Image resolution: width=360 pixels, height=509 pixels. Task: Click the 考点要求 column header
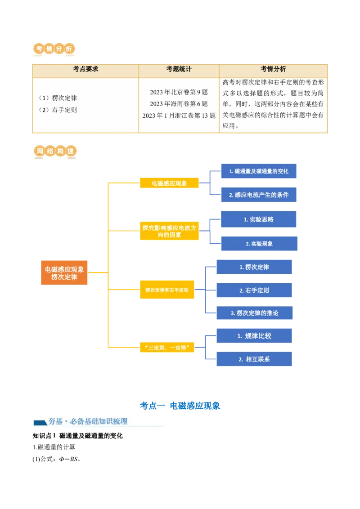pyautogui.click(x=85, y=69)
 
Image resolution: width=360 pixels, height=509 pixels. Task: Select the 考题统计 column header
pyautogui.click(x=179, y=69)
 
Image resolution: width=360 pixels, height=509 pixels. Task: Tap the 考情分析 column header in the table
pyautogui.click(x=273, y=69)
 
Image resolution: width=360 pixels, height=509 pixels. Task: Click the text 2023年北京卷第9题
pyautogui.click(x=179, y=92)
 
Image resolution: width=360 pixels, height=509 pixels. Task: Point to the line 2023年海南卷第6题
pyautogui.click(x=179, y=104)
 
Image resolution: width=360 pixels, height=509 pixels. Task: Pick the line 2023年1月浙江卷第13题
pyautogui.click(x=179, y=116)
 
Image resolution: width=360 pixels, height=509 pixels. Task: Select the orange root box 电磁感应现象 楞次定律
pyautogui.click(x=64, y=273)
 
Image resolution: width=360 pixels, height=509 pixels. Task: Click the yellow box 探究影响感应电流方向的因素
pyautogui.click(x=169, y=231)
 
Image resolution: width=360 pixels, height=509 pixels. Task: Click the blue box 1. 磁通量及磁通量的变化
pyautogui.click(x=259, y=171)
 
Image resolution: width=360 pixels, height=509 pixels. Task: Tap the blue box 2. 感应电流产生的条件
pyautogui.click(x=259, y=195)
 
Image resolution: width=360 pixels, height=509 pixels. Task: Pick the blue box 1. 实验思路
pyautogui.click(x=259, y=219)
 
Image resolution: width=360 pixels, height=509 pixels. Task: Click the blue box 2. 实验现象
pyautogui.click(x=259, y=243)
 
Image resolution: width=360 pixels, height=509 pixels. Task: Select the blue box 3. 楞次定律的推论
pyautogui.click(x=255, y=313)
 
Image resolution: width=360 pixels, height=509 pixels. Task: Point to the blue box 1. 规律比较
pyautogui.click(x=255, y=336)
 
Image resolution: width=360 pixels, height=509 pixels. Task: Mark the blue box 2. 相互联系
pyautogui.click(x=255, y=359)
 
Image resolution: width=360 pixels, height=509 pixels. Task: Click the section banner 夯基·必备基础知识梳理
pyautogui.click(x=99, y=421)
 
